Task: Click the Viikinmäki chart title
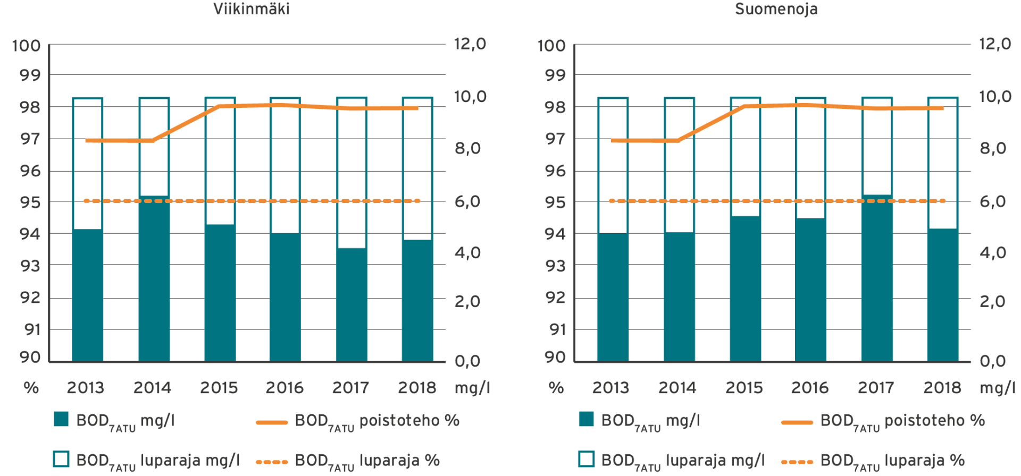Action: coord(251,9)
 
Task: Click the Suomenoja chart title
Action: coord(776,9)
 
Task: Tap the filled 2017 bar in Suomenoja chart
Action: coord(877,282)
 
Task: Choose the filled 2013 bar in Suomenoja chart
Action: coord(613,297)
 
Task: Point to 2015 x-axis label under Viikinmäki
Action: coord(219,388)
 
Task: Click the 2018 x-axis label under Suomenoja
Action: coord(942,388)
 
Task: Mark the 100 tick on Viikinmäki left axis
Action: coord(27,46)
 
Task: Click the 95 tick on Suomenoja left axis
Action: coord(556,202)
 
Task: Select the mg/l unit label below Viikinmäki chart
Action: coord(472,388)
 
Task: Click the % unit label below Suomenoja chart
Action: coord(556,388)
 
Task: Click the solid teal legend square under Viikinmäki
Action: coord(61,420)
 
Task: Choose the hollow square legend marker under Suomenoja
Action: coord(587,459)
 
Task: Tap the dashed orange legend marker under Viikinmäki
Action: coord(272,462)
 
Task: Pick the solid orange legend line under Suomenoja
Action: coord(797,422)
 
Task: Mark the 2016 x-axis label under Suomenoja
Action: coord(810,388)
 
